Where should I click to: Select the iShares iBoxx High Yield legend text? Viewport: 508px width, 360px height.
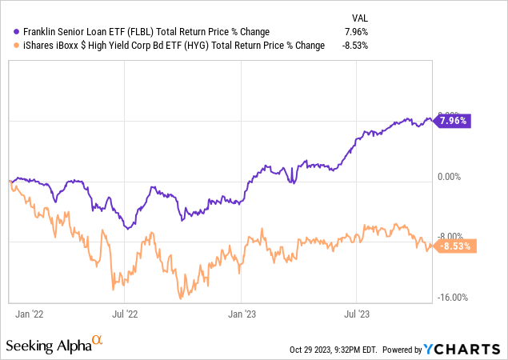169,45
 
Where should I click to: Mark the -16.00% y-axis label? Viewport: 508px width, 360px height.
453,298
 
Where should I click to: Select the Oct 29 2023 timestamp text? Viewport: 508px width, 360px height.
334,350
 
